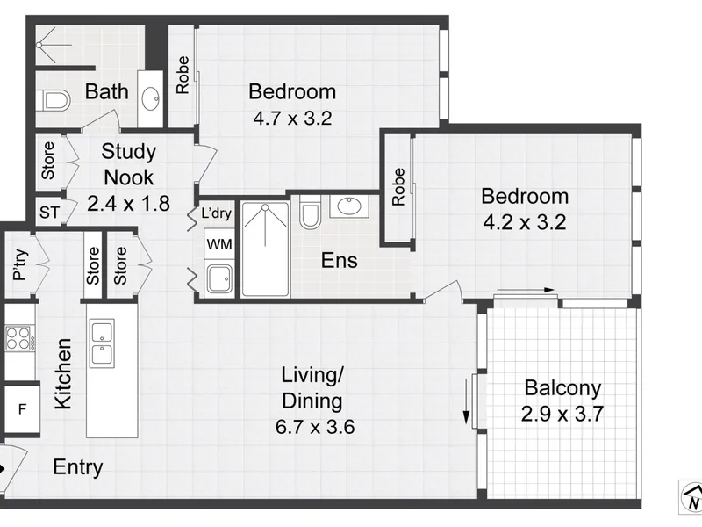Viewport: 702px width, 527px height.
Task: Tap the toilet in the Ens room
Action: click(310, 212)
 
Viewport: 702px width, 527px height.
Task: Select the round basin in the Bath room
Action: click(151, 97)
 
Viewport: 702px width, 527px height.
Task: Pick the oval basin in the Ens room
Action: click(349, 206)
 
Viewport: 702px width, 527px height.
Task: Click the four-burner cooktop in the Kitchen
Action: click(18, 338)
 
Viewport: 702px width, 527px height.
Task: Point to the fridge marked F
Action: click(22, 408)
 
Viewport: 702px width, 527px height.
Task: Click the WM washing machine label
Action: click(219, 244)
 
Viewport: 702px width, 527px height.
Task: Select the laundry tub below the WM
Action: click(218, 279)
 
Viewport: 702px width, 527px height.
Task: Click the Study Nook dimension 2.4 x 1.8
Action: click(128, 204)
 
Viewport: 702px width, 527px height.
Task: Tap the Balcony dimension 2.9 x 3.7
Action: click(562, 414)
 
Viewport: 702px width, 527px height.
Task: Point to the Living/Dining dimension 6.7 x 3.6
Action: click(315, 427)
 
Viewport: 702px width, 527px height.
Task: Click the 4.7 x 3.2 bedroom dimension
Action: click(292, 119)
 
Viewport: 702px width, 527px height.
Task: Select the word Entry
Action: click(78, 467)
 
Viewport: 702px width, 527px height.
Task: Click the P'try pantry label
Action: click(20, 264)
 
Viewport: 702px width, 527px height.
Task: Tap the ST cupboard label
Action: click(49, 213)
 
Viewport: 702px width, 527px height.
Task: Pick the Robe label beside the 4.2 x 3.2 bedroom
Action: click(398, 187)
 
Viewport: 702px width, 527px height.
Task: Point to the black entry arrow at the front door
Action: click(3, 469)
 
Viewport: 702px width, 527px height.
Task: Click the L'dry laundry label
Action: click(216, 213)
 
